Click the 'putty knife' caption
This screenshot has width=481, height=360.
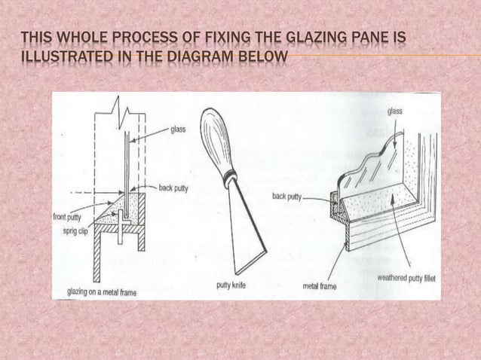coord(232,285)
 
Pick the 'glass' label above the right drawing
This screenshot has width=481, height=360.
coord(395,111)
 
